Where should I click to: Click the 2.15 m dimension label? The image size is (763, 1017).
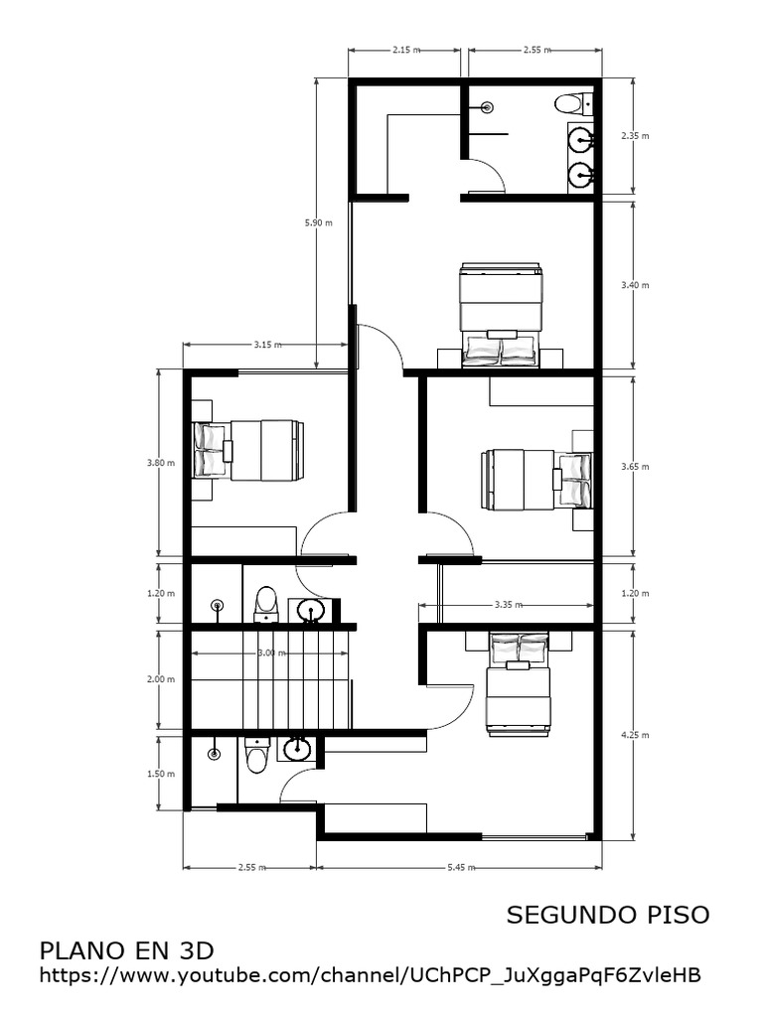[x=403, y=49]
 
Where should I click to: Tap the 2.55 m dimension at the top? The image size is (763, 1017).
[x=536, y=49]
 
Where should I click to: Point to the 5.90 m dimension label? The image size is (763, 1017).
[x=313, y=223]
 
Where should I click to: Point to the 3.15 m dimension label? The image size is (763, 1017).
[x=265, y=345]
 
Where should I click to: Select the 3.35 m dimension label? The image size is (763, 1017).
[x=509, y=603]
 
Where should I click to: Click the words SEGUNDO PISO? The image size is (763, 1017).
[x=608, y=915]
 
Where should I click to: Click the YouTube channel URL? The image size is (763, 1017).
[x=370, y=976]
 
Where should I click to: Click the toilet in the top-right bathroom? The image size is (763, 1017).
[x=572, y=103]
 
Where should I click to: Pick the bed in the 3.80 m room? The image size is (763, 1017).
[x=247, y=451]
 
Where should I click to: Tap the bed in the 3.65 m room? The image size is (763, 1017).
[x=536, y=479]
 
